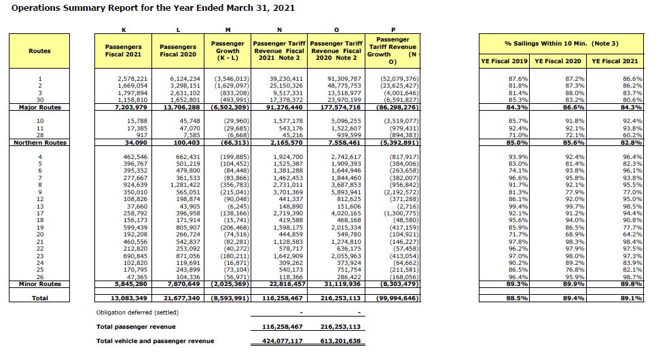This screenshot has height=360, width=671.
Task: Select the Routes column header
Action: (39, 51)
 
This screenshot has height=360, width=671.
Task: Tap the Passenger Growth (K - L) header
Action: (228, 51)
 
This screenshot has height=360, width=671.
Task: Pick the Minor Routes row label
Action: (40, 283)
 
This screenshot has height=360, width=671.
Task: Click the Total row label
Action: (40, 298)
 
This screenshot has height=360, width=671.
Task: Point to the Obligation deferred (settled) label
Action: (138, 312)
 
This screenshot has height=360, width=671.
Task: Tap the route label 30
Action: (40, 101)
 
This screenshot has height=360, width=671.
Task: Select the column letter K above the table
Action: (124, 29)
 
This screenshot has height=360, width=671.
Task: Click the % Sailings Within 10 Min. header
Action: (562, 43)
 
